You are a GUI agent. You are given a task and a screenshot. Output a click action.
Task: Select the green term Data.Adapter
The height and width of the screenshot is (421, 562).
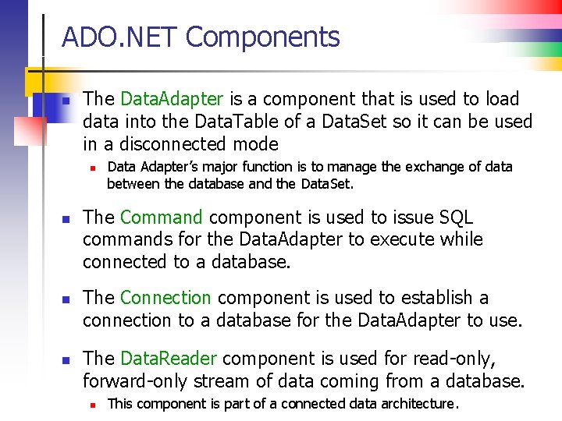(x=172, y=99)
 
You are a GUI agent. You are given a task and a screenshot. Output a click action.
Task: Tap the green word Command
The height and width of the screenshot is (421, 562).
(x=162, y=218)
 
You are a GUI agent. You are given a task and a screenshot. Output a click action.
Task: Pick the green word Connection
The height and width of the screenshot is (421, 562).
(x=165, y=298)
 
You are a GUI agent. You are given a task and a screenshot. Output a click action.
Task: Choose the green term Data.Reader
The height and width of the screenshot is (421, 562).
(x=168, y=359)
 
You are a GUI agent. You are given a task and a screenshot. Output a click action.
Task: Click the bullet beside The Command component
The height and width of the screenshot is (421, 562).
(x=67, y=219)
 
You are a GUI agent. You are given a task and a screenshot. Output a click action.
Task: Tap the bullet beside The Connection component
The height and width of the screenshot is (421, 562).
(x=67, y=299)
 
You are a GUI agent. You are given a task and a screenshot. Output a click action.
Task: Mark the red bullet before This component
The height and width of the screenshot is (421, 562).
(x=92, y=405)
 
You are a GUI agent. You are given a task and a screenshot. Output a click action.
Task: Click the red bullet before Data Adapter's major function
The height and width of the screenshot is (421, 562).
(x=92, y=168)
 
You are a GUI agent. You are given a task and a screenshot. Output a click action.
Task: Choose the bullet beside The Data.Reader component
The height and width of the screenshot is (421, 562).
(x=67, y=360)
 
